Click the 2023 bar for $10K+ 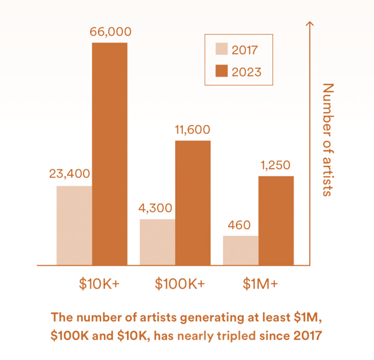coord(110,153)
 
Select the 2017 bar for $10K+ coord(74,225)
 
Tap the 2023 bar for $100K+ coord(193,203)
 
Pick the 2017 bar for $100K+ coord(157,242)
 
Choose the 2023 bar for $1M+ coord(276,220)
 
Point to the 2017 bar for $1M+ coord(241,250)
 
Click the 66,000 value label coord(110,32)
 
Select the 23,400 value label coord(70,174)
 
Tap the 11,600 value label coord(193,130)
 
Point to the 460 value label coord(239,225)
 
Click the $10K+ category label coord(99,284)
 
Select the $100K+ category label coord(180,284)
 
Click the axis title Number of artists coord(327,139)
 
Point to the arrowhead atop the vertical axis coord(310,24)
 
